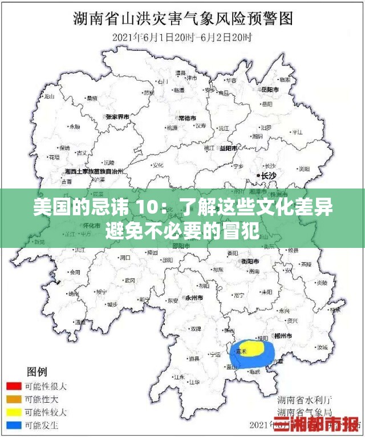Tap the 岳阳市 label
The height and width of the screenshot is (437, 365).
[269, 90]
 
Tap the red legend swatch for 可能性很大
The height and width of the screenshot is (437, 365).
[15, 386]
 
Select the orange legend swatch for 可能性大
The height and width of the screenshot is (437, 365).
[15, 399]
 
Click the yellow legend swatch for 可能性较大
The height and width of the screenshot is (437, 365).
[15, 412]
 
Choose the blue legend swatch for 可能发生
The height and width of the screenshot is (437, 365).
[15, 426]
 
